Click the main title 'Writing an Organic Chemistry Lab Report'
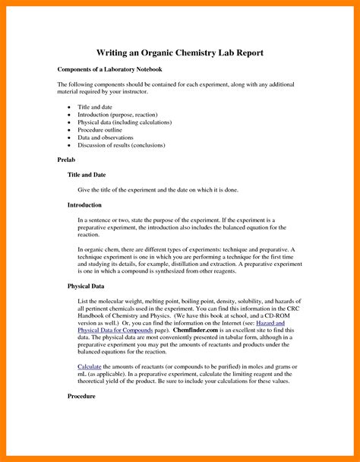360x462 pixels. click(x=179, y=52)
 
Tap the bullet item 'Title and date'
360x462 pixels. click(x=96, y=108)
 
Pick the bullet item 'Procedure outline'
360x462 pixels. click(x=106, y=129)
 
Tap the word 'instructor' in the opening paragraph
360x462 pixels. click(x=159, y=92)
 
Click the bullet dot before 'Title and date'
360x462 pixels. click(x=69, y=108)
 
